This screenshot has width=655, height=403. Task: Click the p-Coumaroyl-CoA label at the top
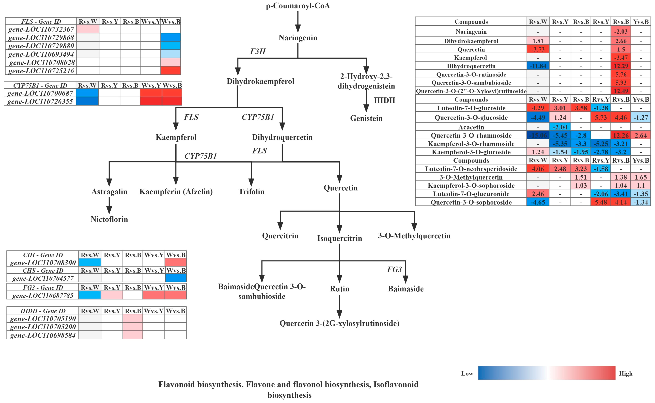pos(298,6)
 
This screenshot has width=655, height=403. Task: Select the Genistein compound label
pos(366,118)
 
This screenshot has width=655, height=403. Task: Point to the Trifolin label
pos(251,192)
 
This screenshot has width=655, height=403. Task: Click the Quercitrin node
pos(280,236)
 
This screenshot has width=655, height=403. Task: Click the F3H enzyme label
pos(258,51)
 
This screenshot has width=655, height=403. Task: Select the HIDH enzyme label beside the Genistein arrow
pos(384,100)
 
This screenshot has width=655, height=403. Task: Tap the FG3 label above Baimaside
pos(394,270)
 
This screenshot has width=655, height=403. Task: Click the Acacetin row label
pos(471,127)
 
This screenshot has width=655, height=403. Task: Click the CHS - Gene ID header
pos(43,271)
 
